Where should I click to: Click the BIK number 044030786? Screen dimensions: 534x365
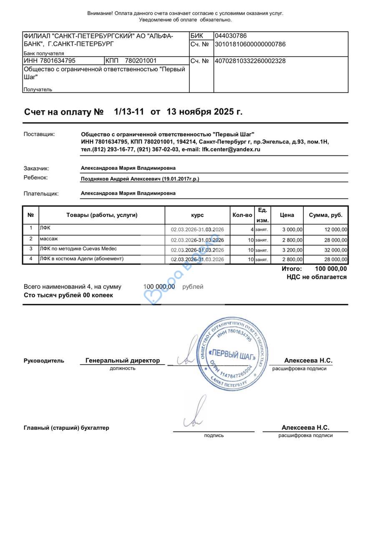(x=231, y=36)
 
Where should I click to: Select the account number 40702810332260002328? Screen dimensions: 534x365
(x=250, y=61)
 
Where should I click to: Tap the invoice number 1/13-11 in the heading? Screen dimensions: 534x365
(x=129, y=112)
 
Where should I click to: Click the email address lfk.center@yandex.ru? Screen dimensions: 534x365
(x=231, y=149)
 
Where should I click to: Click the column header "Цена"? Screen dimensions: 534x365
(x=287, y=215)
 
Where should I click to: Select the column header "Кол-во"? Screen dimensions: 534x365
(x=242, y=215)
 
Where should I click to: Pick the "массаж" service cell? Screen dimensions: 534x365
(x=49, y=239)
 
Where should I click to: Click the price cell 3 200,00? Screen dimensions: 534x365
(x=293, y=250)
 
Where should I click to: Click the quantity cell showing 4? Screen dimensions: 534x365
(x=252, y=229)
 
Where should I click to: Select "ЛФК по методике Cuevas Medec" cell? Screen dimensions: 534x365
(x=78, y=249)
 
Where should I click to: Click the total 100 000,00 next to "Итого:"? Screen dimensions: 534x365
(x=331, y=269)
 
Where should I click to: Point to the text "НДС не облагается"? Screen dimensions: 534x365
(x=316, y=277)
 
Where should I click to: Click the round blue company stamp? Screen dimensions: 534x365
(x=232, y=354)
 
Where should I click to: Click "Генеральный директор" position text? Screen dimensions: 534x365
(x=123, y=360)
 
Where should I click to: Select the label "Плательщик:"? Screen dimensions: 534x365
(x=41, y=194)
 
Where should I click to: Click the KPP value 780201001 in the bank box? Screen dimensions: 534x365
(x=141, y=61)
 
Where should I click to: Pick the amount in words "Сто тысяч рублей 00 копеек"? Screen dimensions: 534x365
(x=68, y=295)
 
